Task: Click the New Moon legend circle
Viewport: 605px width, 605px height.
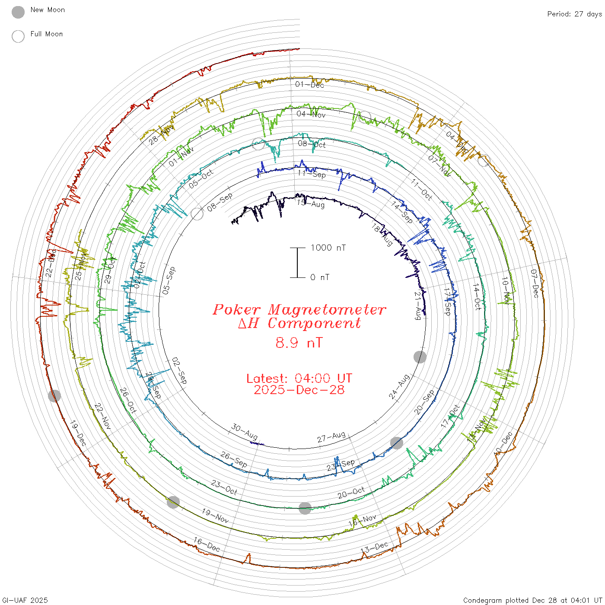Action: pos(18,12)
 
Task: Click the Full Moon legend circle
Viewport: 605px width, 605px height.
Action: pos(18,36)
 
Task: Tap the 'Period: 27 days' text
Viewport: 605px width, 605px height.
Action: pos(574,14)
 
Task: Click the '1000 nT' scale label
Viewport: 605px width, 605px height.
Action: pos(328,248)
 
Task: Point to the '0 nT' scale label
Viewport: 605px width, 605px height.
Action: pos(320,277)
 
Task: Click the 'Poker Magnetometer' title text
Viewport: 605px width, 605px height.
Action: pos(299,309)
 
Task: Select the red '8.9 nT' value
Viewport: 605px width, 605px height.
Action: pos(299,343)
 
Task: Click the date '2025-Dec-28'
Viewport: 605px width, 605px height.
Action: pos(299,390)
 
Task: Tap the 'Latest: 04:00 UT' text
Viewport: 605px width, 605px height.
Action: pos(299,379)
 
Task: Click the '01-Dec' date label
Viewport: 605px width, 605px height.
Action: pos(309,84)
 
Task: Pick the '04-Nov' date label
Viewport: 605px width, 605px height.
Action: pos(311,114)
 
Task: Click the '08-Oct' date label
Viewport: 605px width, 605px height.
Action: pos(312,144)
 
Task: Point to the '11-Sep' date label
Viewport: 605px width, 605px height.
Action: pos(312,174)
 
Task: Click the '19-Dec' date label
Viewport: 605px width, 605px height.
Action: pos(78,433)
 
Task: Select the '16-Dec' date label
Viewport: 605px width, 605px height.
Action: pos(207,544)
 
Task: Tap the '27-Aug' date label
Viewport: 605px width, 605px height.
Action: pos(331,437)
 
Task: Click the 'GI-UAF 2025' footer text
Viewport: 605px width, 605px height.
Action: pos(24,600)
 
